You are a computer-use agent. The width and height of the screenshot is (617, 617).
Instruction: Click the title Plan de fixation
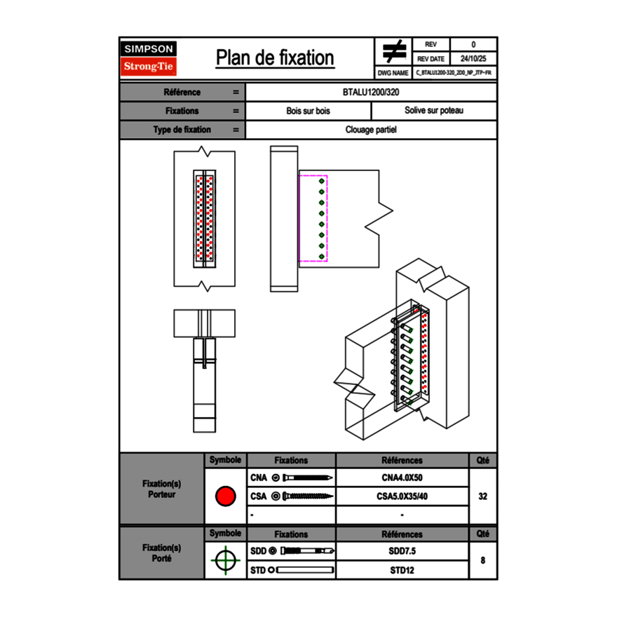pyautogui.click(x=274, y=57)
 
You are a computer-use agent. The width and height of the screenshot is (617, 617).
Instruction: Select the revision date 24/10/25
pyautogui.click(x=473, y=59)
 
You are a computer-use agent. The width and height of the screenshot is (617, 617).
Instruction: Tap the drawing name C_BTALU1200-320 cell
pyautogui.click(x=454, y=72)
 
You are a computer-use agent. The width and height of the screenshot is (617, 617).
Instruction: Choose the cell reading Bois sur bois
pyautogui.click(x=308, y=111)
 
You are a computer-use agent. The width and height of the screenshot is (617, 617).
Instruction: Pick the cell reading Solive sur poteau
pyautogui.click(x=433, y=111)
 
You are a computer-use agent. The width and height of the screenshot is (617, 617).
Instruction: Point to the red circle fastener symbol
pyautogui.click(x=225, y=496)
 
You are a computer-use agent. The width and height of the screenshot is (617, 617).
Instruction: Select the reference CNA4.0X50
pyautogui.click(x=402, y=478)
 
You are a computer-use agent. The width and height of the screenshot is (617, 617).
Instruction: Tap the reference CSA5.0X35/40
pyautogui.click(x=402, y=496)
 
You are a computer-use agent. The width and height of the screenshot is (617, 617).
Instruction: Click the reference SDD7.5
pyautogui.click(x=402, y=551)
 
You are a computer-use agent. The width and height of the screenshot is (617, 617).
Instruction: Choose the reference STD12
pyautogui.click(x=402, y=570)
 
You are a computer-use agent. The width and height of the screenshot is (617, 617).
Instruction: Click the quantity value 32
pyautogui.click(x=482, y=496)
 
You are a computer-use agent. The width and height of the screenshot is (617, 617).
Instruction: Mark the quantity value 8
pyautogui.click(x=482, y=560)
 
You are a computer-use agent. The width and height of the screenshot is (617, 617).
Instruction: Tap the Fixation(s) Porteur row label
pyautogui.click(x=161, y=489)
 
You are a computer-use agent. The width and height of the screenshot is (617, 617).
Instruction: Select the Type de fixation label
pyautogui.click(x=182, y=130)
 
